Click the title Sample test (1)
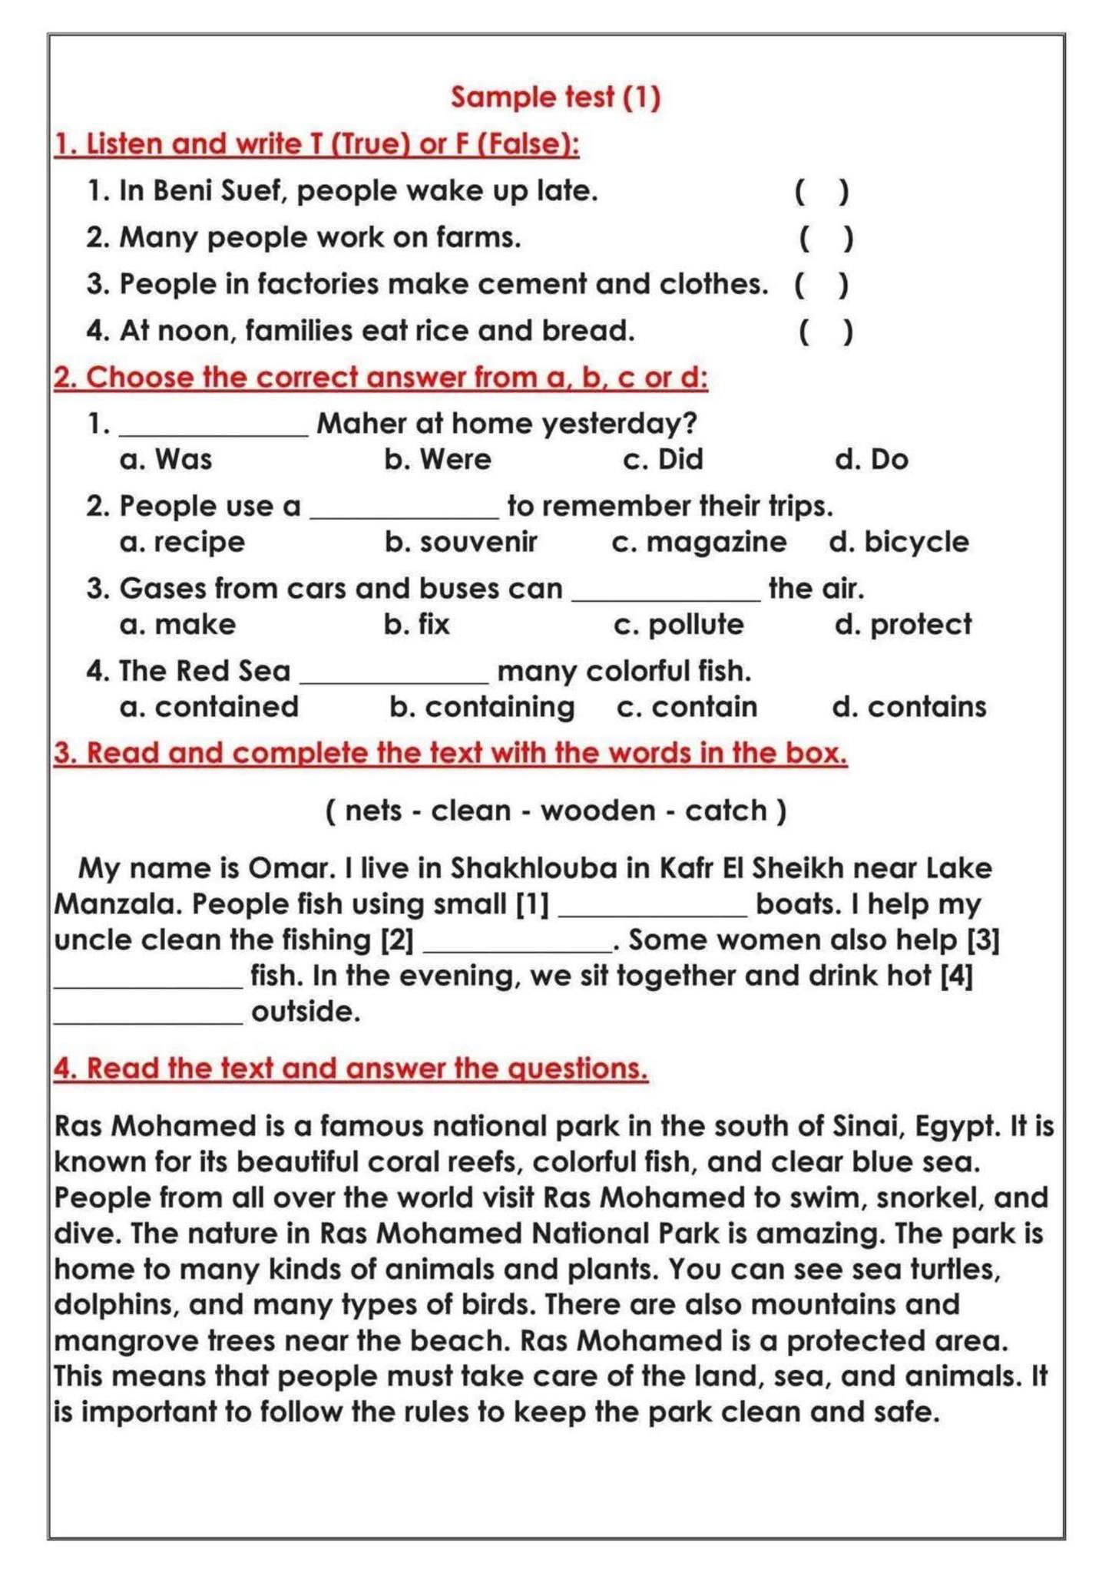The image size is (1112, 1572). [x=555, y=97]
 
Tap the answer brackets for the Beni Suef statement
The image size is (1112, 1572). [x=822, y=191]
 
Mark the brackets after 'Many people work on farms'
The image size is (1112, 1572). [x=826, y=238]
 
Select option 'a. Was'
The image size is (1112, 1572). [x=166, y=459]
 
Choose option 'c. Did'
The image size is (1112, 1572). [x=663, y=459]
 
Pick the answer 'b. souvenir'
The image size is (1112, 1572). [x=461, y=542]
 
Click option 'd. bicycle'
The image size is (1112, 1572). [x=899, y=542]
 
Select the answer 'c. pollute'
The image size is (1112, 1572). [x=679, y=625]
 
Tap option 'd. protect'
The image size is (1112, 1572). [x=903, y=625]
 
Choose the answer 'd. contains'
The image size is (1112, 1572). [x=909, y=707]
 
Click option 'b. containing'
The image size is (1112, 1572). [x=482, y=707]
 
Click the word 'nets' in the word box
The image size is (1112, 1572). [x=373, y=811]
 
